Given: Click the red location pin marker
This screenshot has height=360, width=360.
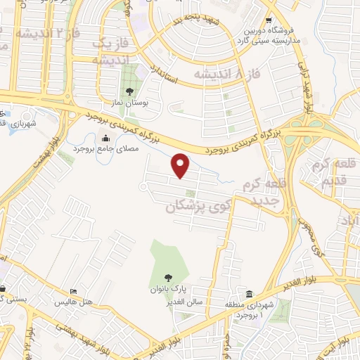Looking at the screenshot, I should pos(181,165).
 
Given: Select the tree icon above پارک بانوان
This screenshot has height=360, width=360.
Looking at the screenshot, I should pos(167,278).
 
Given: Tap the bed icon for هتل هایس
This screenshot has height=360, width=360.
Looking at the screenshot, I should pos(73,292).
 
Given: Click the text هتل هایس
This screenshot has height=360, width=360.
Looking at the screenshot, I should pos(73,302).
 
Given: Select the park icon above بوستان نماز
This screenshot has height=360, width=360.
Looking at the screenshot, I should pos(129,92).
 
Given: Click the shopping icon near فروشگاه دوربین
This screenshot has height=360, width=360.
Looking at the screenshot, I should pos(269,22).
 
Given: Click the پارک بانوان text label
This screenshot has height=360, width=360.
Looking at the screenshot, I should pos(167,289).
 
